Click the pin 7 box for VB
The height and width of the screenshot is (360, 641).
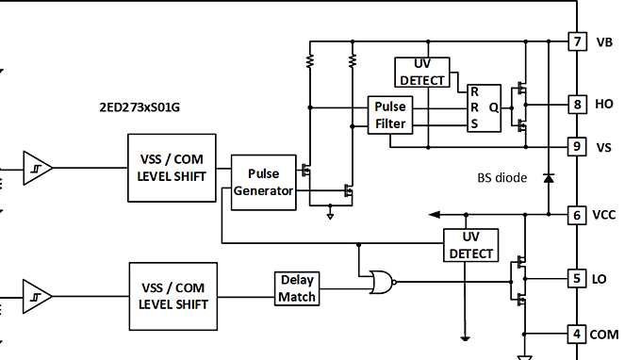click(577, 41)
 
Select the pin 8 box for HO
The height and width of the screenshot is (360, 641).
click(577, 104)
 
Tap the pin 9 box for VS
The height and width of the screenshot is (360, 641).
click(577, 146)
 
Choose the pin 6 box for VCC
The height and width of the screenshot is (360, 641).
click(577, 215)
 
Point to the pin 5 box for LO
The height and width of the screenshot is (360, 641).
click(577, 278)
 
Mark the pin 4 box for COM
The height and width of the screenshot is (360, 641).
click(577, 334)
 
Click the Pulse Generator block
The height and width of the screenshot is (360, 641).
click(264, 183)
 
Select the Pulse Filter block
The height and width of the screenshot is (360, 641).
click(390, 115)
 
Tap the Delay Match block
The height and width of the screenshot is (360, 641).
click(297, 289)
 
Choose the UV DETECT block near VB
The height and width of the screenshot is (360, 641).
click(422, 72)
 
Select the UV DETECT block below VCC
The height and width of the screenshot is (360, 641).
click(470, 245)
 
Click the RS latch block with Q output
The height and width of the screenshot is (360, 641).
click(485, 107)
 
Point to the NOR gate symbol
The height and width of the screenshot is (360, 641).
click(382, 280)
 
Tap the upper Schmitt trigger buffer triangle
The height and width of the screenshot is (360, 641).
click(36, 167)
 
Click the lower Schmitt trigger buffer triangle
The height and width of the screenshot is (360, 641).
click(36, 295)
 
